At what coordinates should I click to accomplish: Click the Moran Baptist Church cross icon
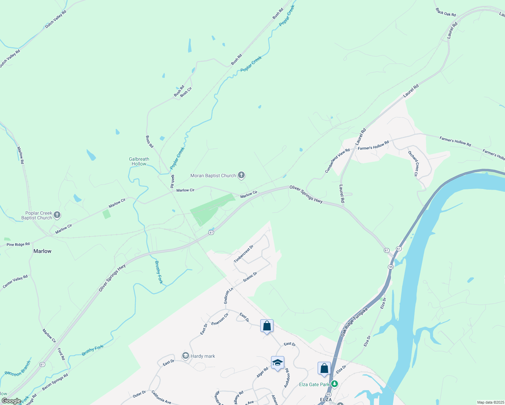(241, 175)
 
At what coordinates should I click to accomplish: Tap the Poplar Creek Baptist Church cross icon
(57, 215)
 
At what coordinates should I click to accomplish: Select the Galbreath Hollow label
(139, 161)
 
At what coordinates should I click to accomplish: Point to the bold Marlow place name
(43, 251)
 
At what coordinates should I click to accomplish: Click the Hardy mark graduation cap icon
(185, 356)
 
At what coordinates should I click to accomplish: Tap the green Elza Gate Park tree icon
(334, 384)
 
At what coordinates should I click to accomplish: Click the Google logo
(11, 401)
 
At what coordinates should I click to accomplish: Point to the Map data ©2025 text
(490, 402)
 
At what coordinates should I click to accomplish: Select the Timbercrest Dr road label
(243, 254)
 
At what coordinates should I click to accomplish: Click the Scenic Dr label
(250, 277)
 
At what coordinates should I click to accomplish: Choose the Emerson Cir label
(220, 319)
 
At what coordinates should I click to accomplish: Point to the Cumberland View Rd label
(337, 160)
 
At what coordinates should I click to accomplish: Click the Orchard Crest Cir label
(413, 164)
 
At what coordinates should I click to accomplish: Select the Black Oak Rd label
(446, 12)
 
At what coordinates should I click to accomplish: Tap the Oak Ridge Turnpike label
(354, 322)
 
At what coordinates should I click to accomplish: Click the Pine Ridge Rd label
(18, 244)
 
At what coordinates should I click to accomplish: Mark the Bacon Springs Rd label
(55, 382)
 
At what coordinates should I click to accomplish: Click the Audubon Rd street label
(287, 378)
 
